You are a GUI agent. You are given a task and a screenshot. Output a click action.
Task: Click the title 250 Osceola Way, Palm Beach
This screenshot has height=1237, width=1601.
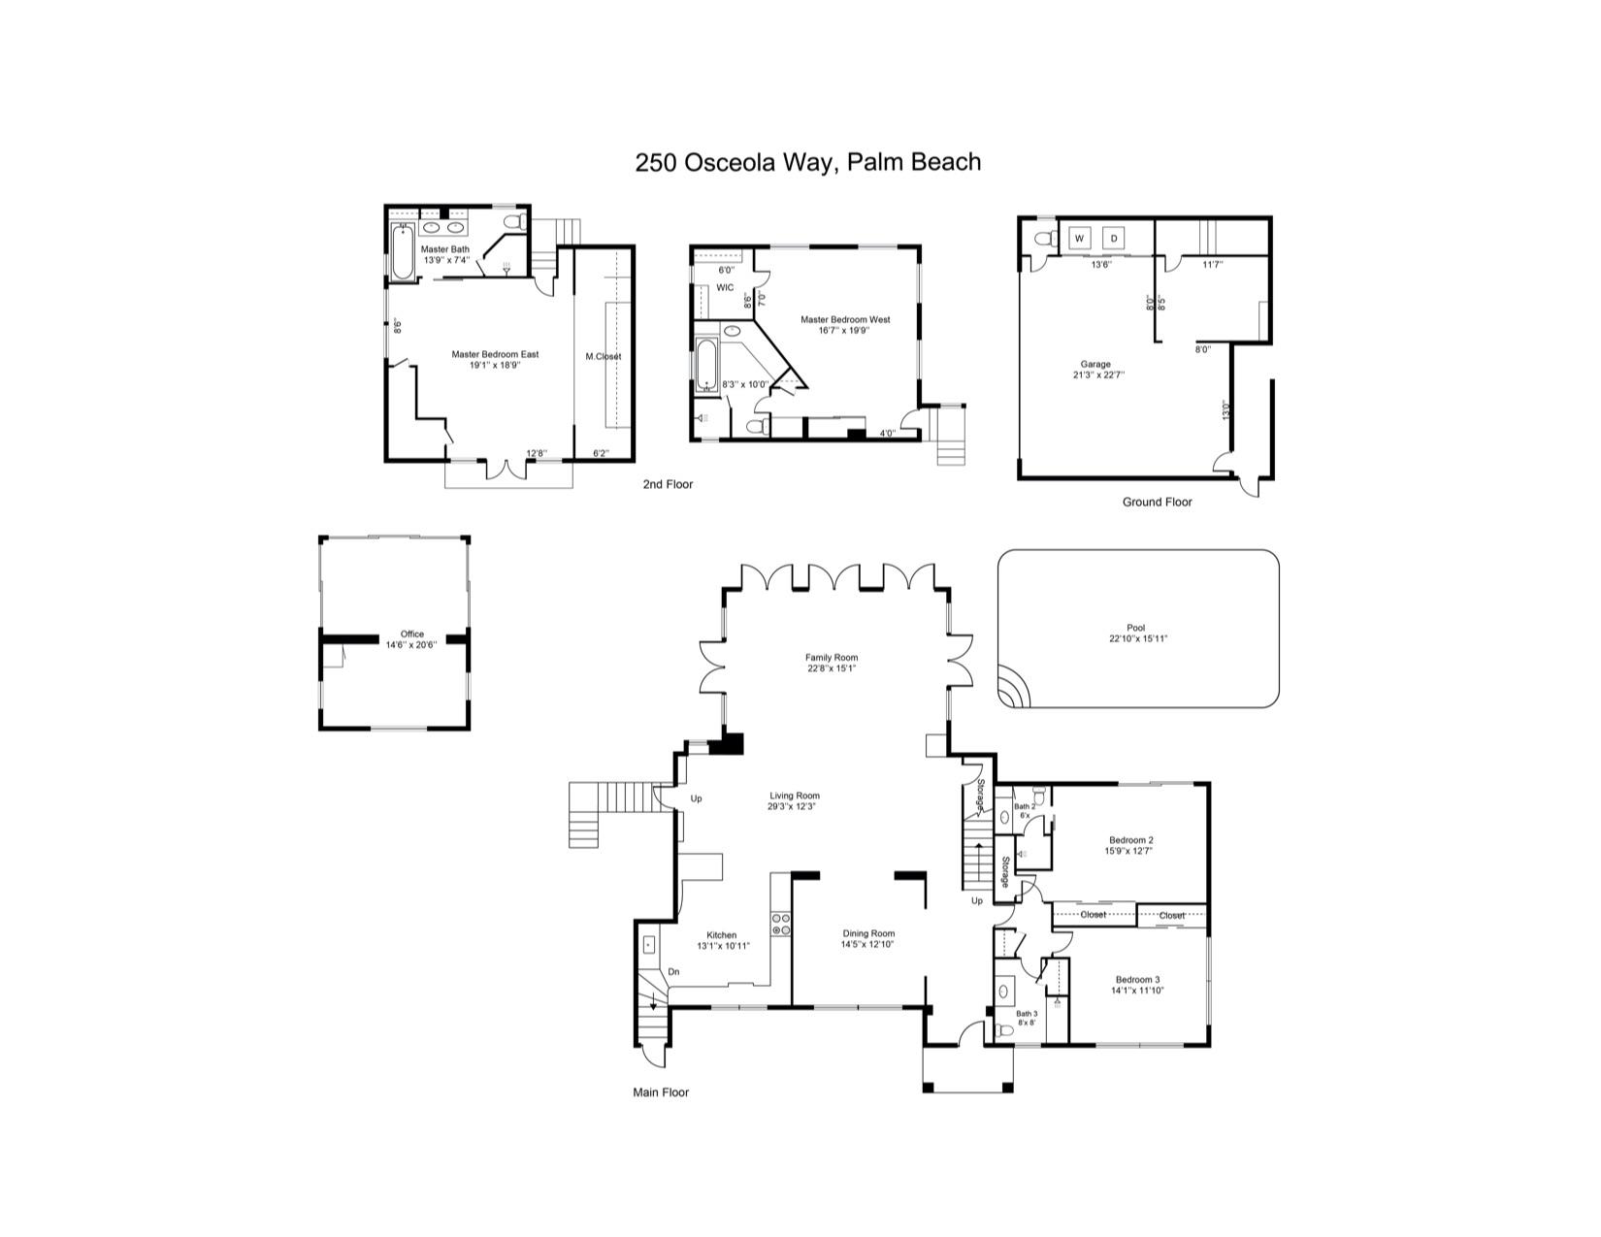click(x=807, y=162)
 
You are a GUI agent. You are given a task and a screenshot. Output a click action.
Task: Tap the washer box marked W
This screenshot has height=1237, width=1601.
click(x=1080, y=239)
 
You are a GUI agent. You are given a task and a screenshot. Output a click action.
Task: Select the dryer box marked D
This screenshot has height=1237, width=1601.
click(x=1114, y=239)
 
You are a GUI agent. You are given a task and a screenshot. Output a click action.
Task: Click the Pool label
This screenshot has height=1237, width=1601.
click(x=1136, y=628)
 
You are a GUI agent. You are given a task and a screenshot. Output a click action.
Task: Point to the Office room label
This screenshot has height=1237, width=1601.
click(x=411, y=634)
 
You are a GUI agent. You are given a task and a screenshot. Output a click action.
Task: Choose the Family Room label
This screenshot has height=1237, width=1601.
click(x=832, y=657)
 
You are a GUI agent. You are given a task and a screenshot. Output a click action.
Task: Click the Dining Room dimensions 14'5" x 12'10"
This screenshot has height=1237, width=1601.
click(x=866, y=944)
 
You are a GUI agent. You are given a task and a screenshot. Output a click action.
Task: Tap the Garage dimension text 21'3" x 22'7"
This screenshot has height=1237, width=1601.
click(x=1098, y=374)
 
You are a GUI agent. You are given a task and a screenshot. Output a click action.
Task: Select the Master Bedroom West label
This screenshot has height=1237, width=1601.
click(x=844, y=319)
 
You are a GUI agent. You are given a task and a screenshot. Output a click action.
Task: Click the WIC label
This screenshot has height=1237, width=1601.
click(x=725, y=287)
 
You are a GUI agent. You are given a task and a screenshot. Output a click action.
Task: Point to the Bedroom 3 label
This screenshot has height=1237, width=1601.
click(x=1137, y=979)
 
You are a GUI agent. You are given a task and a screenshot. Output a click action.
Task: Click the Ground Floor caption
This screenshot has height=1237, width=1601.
click(x=1157, y=502)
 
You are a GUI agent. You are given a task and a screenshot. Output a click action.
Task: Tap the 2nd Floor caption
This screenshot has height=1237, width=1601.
click(x=668, y=483)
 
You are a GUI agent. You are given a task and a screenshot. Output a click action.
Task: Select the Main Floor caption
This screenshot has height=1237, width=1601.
click(x=661, y=1092)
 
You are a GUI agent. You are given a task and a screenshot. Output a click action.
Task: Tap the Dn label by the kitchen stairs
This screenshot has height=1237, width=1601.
click(x=673, y=971)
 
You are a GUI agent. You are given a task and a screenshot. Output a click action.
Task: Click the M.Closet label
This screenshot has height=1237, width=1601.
click(x=603, y=356)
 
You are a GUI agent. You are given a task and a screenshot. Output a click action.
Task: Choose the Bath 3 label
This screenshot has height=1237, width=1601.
click(x=1027, y=1013)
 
